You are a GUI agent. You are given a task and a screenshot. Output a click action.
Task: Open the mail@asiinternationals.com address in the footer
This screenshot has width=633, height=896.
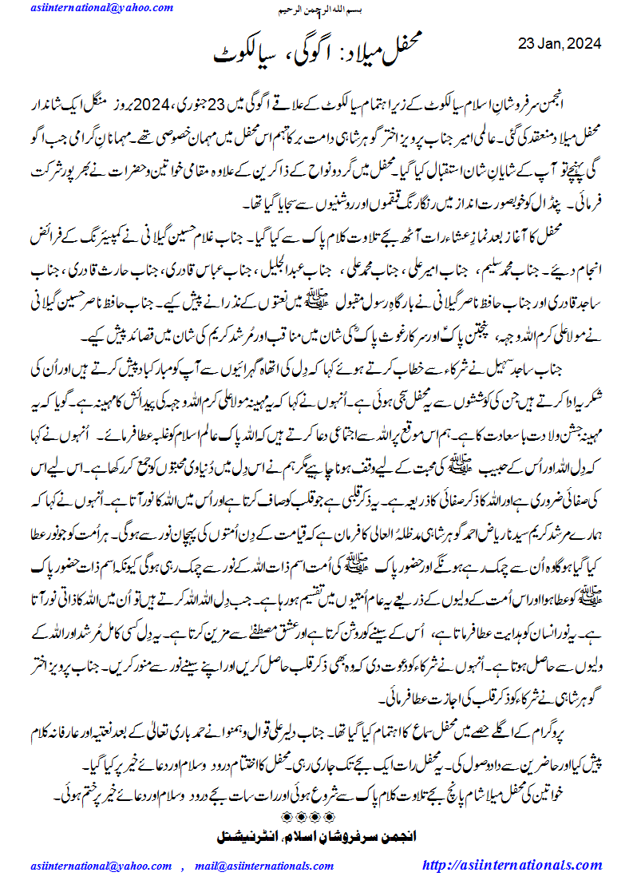[251, 866]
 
